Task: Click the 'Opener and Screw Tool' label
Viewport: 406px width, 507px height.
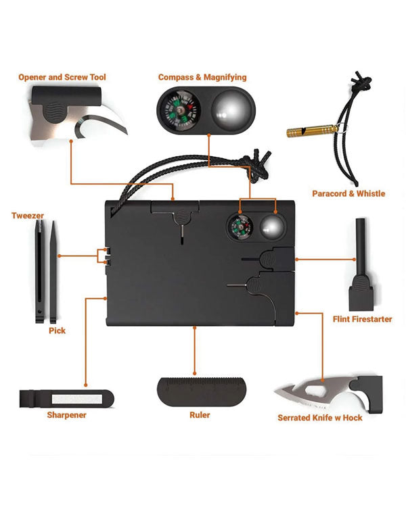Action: pyautogui.click(x=62, y=77)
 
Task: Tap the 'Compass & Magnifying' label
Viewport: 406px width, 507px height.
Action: pyautogui.click(x=202, y=78)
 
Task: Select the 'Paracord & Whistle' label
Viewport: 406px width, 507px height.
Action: pyautogui.click(x=348, y=194)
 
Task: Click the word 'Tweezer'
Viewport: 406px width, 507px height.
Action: pyautogui.click(x=28, y=216)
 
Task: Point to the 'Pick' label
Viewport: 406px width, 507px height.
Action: pyautogui.click(x=57, y=331)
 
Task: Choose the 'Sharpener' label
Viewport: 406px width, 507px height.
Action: pyautogui.click(x=67, y=415)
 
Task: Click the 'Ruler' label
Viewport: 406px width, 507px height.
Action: pyautogui.click(x=200, y=415)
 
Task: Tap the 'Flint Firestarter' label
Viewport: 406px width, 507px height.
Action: pyautogui.click(x=362, y=319)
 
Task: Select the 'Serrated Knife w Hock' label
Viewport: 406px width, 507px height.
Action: pyautogui.click(x=320, y=418)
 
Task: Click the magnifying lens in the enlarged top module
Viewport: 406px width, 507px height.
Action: pyautogui.click(x=233, y=110)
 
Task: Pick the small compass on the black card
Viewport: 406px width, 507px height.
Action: pyautogui.click(x=240, y=226)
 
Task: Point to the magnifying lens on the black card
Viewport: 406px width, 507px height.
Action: pyautogui.click(x=273, y=226)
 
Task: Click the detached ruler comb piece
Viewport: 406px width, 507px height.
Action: pyautogui.click(x=202, y=391)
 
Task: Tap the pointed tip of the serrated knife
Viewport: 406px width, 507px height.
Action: pyautogui.click(x=275, y=392)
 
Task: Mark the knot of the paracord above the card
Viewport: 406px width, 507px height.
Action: pyautogui.click(x=258, y=166)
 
